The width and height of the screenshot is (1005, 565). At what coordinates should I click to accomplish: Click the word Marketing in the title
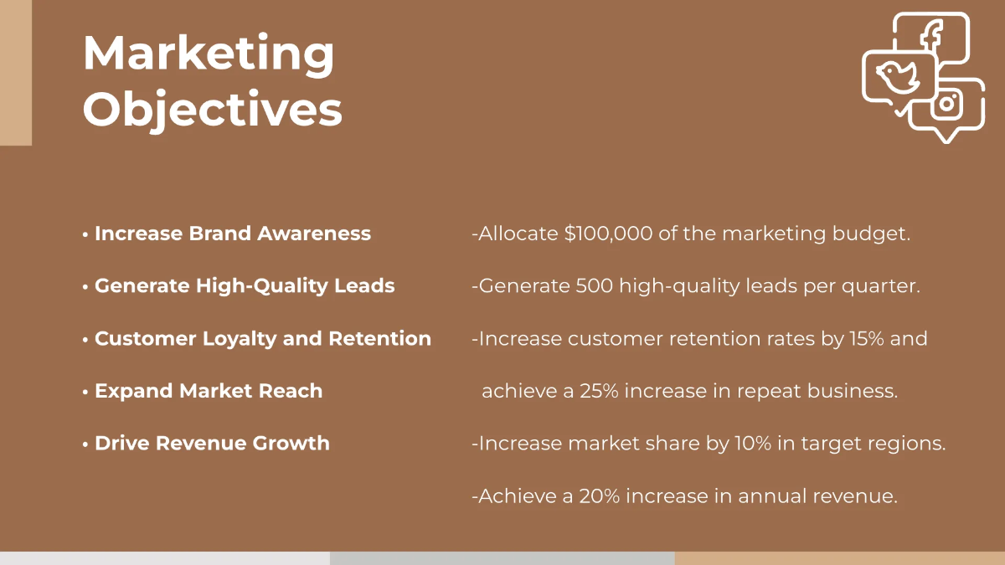tap(209, 54)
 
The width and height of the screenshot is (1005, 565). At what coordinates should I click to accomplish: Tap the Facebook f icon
tap(931, 38)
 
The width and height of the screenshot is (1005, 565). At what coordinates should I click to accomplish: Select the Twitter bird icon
tap(898, 77)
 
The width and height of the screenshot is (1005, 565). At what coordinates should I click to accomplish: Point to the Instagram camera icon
tap(946, 104)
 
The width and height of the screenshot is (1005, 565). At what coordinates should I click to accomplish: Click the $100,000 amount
tap(608, 234)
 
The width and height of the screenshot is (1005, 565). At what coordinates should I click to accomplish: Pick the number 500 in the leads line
tap(594, 285)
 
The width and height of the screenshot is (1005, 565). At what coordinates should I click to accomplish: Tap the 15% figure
tap(867, 338)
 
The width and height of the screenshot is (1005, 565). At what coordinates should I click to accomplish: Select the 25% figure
tap(599, 391)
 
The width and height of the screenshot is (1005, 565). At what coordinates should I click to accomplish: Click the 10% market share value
tap(753, 444)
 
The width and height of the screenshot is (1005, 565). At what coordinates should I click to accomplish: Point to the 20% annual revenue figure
tap(600, 496)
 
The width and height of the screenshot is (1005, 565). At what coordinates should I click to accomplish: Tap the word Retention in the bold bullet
tap(379, 338)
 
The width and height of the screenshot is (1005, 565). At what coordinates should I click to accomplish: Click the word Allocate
tap(518, 234)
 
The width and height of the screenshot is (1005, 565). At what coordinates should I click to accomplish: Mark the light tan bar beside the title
tap(16, 73)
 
